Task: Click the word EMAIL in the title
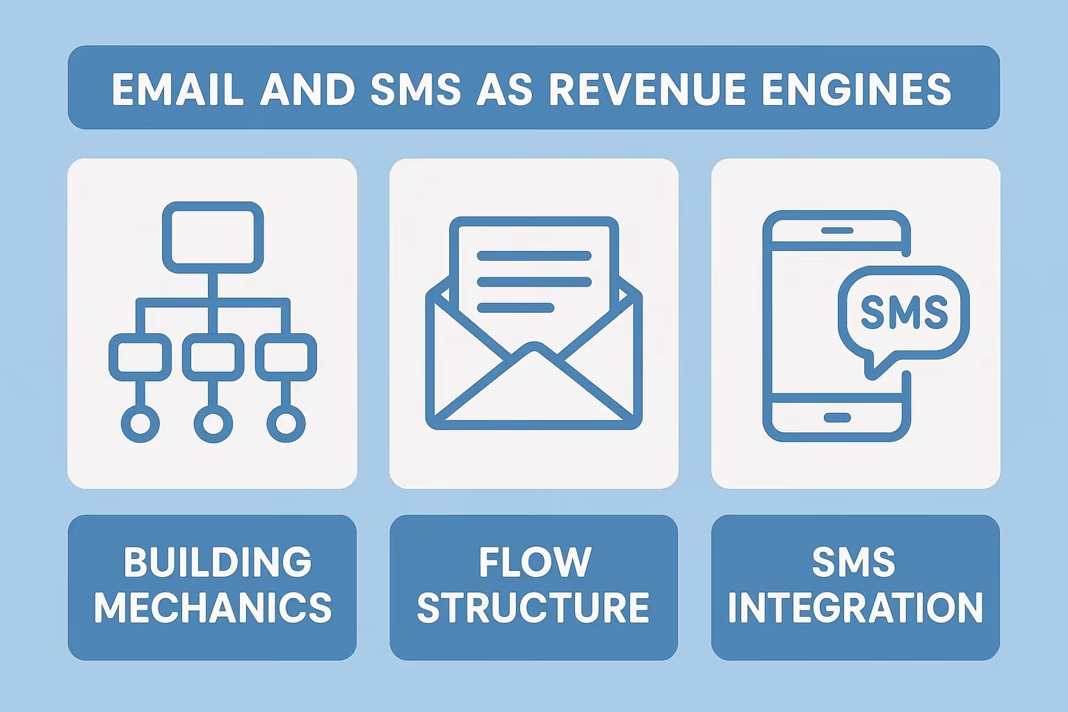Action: click(x=178, y=89)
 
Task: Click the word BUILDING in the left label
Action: click(x=218, y=562)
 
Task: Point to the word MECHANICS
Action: click(x=213, y=608)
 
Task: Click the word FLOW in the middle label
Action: click(x=534, y=562)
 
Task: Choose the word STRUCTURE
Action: click(x=533, y=608)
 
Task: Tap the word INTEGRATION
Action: click(x=855, y=608)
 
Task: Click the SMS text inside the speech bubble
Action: click(x=904, y=312)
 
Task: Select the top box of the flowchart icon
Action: click(x=213, y=237)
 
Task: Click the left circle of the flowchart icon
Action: click(x=140, y=423)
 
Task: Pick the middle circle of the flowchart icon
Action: click(x=213, y=423)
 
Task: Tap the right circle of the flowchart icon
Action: click(x=286, y=423)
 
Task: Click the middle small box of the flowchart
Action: click(x=213, y=357)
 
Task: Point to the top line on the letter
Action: click(x=534, y=256)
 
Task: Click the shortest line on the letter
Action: click(x=515, y=307)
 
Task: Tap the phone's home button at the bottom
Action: click(x=836, y=417)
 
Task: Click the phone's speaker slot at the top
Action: click(x=836, y=230)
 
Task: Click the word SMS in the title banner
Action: click(x=416, y=89)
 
